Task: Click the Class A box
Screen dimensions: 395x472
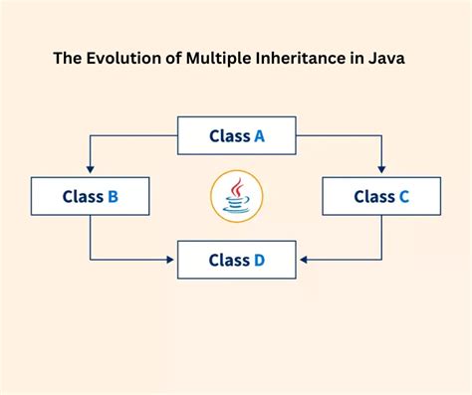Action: coord(236,136)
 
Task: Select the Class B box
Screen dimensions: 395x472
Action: coord(90,196)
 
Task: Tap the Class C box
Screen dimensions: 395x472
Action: coord(381,196)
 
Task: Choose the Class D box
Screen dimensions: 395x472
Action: coord(236,261)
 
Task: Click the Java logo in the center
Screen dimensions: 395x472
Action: coord(236,196)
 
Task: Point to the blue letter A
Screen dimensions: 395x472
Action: coord(258,136)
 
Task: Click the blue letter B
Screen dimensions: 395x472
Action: coord(113,196)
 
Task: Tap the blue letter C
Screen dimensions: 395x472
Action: coord(403,196)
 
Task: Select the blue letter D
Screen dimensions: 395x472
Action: coord(259,261)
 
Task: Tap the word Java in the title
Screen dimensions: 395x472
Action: coord(384,58)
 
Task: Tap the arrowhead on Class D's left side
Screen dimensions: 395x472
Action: coord(172,261)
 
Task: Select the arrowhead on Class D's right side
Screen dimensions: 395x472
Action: coord(302,261)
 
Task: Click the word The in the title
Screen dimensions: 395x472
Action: coord(67,58)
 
